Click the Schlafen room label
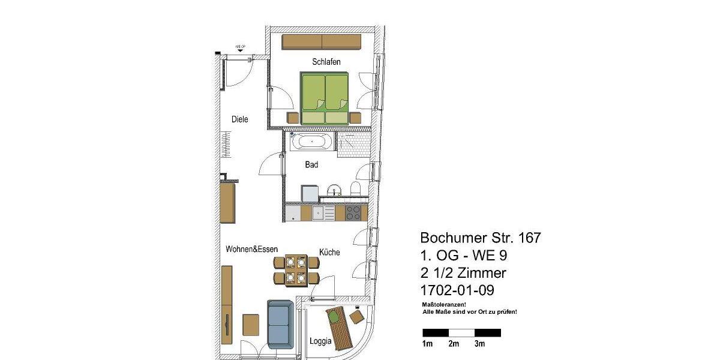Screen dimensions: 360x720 326,62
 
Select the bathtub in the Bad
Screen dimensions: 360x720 311,142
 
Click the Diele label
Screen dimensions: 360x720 240,119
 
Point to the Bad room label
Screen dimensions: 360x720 311,164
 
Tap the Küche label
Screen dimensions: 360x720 329,253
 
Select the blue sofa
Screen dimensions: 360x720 280,324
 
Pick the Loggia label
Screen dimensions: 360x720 320,341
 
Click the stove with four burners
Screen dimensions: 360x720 353,212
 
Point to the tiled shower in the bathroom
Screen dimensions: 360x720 353,144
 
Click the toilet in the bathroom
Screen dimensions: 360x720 356,189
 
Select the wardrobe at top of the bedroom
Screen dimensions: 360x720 322,42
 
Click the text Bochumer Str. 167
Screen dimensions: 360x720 481,238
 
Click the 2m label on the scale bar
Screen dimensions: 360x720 454,344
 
